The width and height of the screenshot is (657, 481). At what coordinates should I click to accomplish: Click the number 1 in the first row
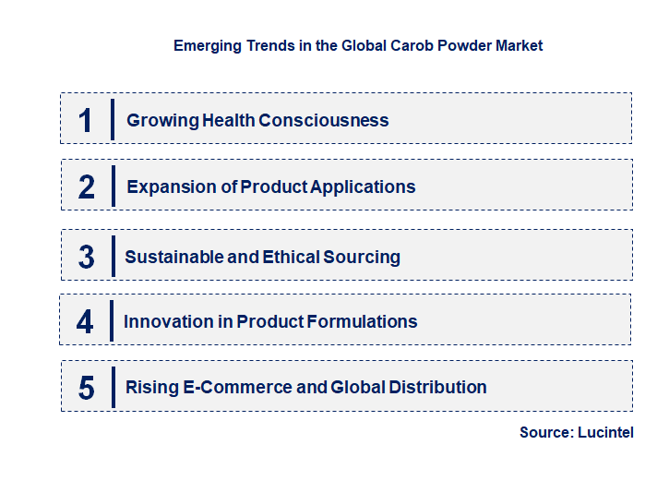[x=86, y=120]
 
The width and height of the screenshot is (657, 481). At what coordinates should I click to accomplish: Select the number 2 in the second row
[x=87, y=186]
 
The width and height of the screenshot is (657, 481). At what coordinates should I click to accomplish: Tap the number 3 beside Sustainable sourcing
[x=87, y=257]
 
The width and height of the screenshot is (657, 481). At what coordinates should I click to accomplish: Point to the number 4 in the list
[x=85, y=321]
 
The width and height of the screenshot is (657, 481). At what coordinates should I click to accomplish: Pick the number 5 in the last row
[x=87, y=388]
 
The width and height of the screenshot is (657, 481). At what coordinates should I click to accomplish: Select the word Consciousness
[x=324, y=120]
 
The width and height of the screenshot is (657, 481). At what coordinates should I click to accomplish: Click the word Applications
[x=363, y=187]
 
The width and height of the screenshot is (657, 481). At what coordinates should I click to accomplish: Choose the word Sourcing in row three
[x=363, y=257]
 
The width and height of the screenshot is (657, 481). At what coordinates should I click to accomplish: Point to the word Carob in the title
[x=393, y=45]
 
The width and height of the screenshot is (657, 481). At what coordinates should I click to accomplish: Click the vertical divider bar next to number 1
[x=112, y=119]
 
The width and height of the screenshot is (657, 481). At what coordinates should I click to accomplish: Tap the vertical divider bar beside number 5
[x=112, y=387]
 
